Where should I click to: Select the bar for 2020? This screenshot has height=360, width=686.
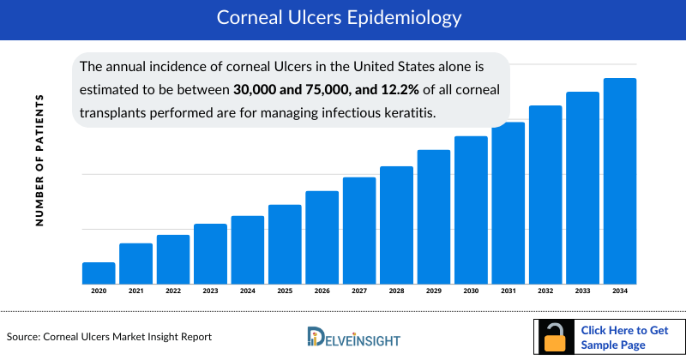coord(99,273)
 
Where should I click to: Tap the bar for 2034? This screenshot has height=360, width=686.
coord(620,181)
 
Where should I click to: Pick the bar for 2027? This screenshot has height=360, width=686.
coord(359,231)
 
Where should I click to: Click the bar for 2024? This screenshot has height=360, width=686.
coord(248,249)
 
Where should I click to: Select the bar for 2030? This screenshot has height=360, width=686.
coord(471,210)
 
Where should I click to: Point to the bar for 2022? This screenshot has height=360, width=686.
coord(173,259)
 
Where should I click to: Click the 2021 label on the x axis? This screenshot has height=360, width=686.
coord(136,291)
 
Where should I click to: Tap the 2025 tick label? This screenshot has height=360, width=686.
coord(285,291)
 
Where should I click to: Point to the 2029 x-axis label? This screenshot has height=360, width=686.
coord(434,291)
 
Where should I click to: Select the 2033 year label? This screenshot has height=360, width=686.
coord(583,291)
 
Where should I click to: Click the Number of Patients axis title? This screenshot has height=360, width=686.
coord(39,160)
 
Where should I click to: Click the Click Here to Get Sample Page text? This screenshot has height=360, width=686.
coord(624,337)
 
